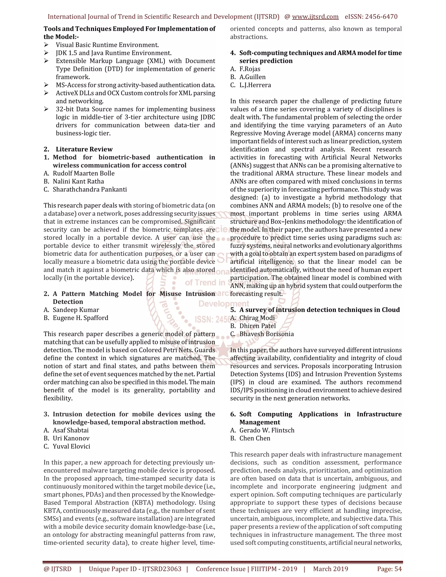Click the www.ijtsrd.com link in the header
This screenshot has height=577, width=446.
pyautogui.click(x=315, y=17)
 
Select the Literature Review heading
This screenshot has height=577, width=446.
pyautogui.click(x=84, y=149)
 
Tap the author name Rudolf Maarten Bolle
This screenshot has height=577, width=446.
pyautogui.click(x=83, y=173)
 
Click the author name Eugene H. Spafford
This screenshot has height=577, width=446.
pyautogui.click(x=80, y=318)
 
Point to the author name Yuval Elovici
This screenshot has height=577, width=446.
pyautogui.click(x=71, y=446)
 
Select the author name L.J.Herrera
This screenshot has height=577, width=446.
pyautogui.click(x=255, y=85)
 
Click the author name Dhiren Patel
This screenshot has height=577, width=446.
pyautogui.click(x=257, y=326)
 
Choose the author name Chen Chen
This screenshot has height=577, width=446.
pyautogui.click(x=255, y=438)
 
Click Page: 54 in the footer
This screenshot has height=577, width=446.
pyautogui.click(x=389, y=569)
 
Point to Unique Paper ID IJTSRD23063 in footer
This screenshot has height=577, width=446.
pyautogui.click(x=135, y=569)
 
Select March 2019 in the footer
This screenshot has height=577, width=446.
pyautogui.click(x=331, y=569)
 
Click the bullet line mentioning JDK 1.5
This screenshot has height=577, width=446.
pyautogui.click(x=114, y=53)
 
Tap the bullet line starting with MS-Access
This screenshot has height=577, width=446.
pyautogui.click(x=135, y=85)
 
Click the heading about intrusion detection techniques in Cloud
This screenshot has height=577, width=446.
pyautogui.click(x=319, y=310)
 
